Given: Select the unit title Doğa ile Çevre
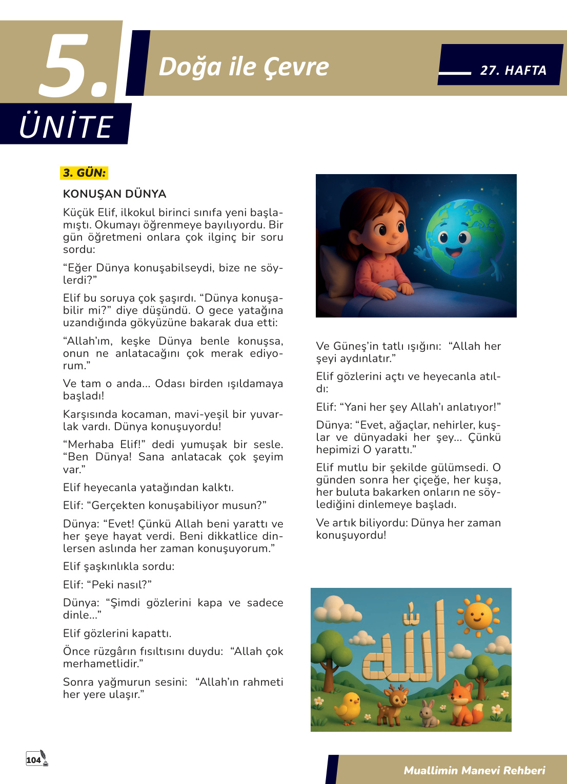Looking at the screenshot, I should click(x=244, y=67).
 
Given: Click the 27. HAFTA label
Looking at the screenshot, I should click(x=513, y=71).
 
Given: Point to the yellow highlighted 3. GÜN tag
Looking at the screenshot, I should click(x=84, y=173).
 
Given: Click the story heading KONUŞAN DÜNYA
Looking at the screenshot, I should click(x=114, y=194).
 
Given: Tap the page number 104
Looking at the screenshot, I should click(x=34, y=760).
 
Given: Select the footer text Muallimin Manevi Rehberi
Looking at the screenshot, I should click(x=474, y=771).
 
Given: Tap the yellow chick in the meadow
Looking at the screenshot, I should click(x=349, y=707).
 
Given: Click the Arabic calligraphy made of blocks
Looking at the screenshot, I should click(x=405, y=648).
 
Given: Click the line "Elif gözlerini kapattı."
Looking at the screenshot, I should click(x=117, y=633).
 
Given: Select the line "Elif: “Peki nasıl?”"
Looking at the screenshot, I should click(x=107, y=585).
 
